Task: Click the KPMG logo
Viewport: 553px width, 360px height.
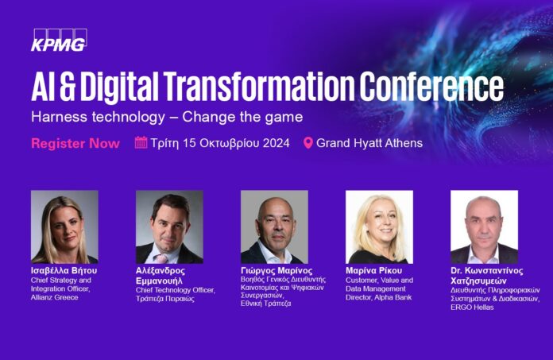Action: pyautogui.click(x=59, y=41)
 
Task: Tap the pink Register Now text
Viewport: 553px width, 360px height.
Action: pyautogui.click(x=75, y=143)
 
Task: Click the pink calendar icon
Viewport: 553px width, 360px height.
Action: pyautogui.click(x=141, y=142)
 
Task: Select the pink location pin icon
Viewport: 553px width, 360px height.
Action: pyautogui.click(x=308, y=143)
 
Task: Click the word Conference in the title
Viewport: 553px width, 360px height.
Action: pyautogui.click(x=431, y=87)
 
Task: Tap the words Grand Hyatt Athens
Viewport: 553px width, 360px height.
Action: pyautogui.click(x=369, y=143)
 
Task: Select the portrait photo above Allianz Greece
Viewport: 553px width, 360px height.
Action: pyautogui.click(x=64, y=227)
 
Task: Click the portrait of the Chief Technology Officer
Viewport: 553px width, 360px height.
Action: pyautogui.click(x=169, y=227)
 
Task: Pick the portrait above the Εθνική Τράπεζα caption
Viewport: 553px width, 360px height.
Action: pyautogui.click(x=274, y=227)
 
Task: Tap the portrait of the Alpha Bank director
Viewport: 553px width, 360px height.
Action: pyautogui.click(x=379, y=227)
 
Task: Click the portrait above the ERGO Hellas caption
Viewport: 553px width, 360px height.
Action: pyautogui.click(x=484, y=227)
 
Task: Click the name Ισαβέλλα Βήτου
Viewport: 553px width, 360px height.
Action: pyautogui.click(x=64, y=270)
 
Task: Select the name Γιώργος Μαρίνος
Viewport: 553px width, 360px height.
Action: pyautogui.click(x=276, y=270)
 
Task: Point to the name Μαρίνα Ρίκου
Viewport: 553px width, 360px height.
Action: pyautogui.click(x=374, y=270)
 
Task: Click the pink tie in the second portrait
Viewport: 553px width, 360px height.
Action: pyautogui.click(x=162, y=258)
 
